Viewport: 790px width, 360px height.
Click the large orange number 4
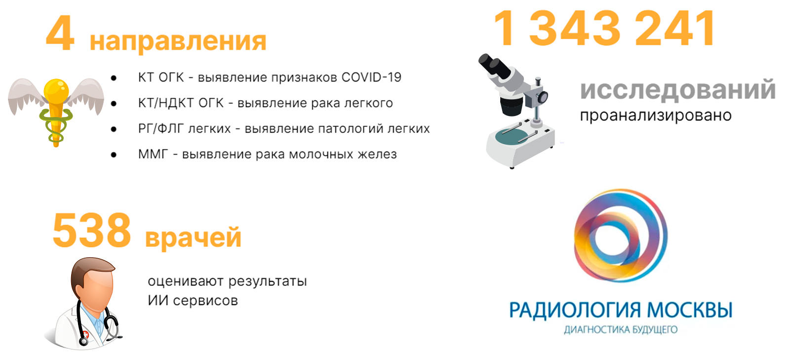[x=60, y=34]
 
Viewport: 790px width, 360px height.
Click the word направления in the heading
[x=178, y=42]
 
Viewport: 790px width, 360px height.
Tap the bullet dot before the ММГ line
[x=114, y=155]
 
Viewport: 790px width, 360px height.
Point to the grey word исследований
[x=677, y=89]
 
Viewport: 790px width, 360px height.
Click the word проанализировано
[x=656, y=115]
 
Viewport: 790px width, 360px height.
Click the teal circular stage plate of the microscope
[x=514, y=136]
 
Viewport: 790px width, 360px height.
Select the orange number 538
[x=92, y=231]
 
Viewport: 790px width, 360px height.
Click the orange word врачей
[x=193, y=237]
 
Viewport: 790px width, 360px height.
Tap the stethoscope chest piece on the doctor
[x=84, y=341]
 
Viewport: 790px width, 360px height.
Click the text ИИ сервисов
[x=193, y=301]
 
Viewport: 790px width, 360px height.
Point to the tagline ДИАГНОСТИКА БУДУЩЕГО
[x=621, y=330]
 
